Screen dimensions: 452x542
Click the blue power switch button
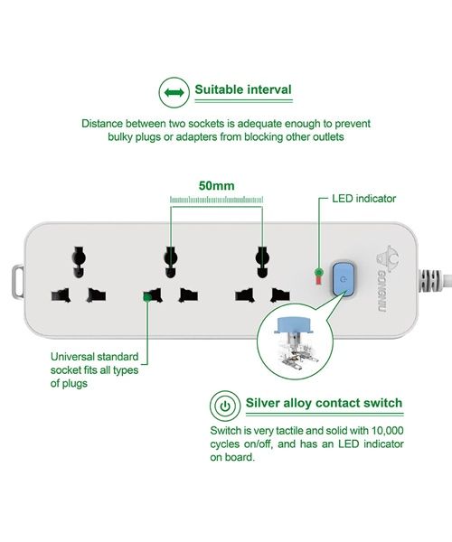point(343,279)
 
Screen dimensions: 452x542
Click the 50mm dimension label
point(216,185)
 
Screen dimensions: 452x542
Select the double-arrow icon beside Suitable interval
point(174,92)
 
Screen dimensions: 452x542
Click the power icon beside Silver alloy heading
point(225,406)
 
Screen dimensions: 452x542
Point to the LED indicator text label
point(363,199)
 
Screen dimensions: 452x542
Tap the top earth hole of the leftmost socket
point(79,262)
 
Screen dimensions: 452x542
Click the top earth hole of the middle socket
point(170,262)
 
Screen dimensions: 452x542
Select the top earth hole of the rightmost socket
point(262,262)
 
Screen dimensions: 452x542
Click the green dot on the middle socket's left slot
point(147,297)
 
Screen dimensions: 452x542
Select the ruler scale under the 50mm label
point(216,200)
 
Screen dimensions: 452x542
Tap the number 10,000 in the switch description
point(387,431)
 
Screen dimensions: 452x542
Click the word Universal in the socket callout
point(72,357)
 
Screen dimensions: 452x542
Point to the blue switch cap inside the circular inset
point(294,325)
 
